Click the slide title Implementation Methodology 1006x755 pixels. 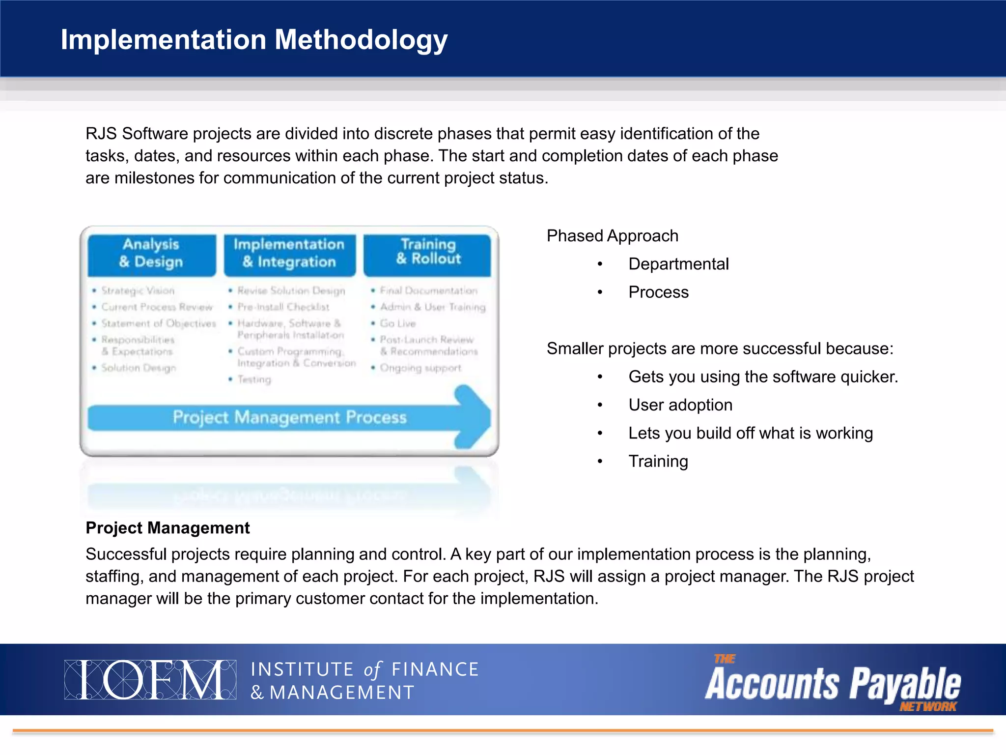click(x=253, y=39)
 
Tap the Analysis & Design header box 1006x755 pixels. click(x=151, y=253)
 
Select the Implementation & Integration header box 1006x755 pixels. click(x=289, y=253)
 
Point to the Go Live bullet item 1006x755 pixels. click(x=397, y=323)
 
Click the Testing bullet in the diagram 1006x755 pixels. click(x=254, y=379)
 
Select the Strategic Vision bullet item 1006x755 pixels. click(x=138, y=290)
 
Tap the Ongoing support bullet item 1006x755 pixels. click(x=420, y=368)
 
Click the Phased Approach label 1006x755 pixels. click(x=612, y=236)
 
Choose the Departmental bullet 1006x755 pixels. click(x=678, y=264)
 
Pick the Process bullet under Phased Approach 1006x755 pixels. click(x=658, y=292)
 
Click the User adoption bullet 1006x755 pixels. click(x=680, y=405)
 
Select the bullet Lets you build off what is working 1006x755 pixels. click(x=750, y=433)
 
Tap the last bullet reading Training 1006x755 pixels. click(x=658, y=461)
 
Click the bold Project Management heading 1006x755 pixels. click(x=168, y=528)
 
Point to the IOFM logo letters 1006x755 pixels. click(x=150, y=680)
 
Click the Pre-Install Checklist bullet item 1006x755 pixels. click(x=283, y=307)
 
